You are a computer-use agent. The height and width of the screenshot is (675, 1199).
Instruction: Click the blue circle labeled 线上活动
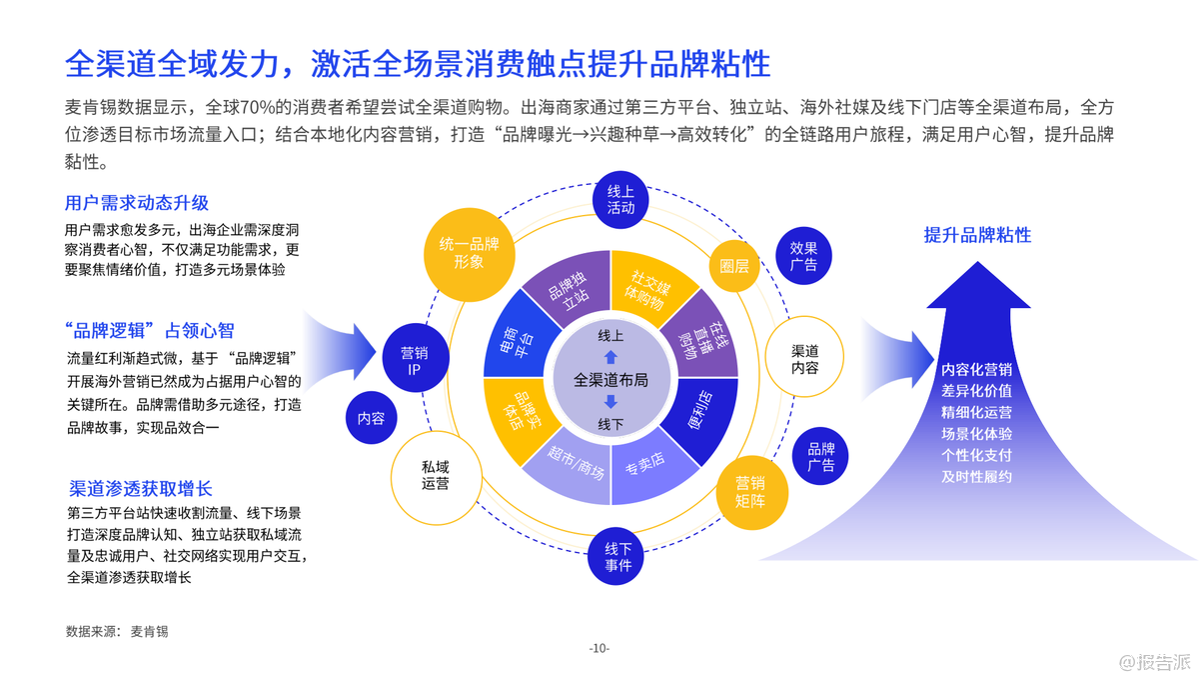click(x=620, y=199)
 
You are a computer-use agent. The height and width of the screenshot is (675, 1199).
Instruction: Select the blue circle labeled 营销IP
click(x=414, y=361)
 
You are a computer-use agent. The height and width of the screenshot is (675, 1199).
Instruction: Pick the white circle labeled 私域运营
click(x=435, y=475)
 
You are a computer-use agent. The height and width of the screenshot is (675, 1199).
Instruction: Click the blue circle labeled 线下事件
click(x=618, y=557)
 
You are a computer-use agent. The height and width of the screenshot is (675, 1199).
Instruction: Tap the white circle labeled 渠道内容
click(x=804, y=359)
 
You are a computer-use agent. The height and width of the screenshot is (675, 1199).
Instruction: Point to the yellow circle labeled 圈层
click(x=734, y=266)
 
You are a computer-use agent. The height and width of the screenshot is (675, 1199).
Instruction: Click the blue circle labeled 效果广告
click(x=803, y=256)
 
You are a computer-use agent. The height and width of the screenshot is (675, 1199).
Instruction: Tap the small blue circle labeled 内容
click(x=371, y=418)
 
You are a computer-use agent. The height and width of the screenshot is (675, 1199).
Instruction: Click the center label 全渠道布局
click(x=610, y=380)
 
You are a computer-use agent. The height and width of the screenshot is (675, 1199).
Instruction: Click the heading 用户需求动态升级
click(x=137, y=203)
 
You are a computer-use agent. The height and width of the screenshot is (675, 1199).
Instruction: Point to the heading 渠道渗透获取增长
click(x=141, y=489)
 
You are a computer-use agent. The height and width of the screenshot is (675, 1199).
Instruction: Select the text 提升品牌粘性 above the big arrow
click(x=977, y=235)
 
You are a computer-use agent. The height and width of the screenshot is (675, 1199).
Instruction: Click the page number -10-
click(x=599, y=648)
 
